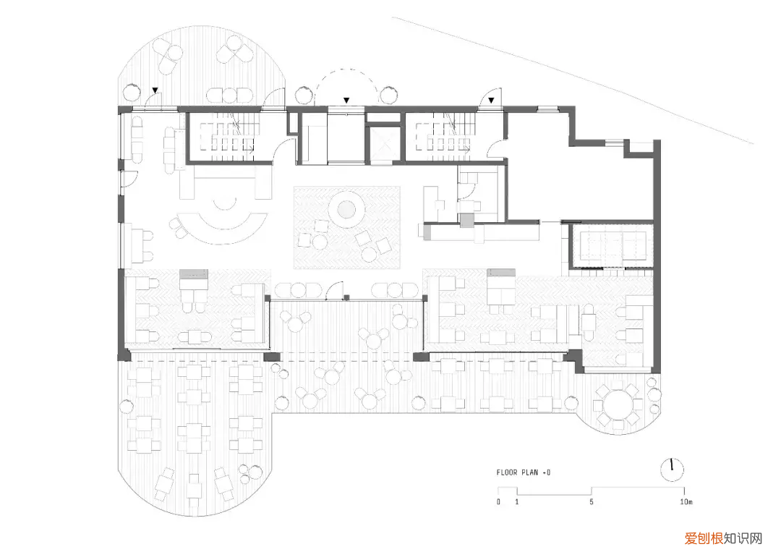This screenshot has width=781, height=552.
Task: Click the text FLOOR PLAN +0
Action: click(523, 472)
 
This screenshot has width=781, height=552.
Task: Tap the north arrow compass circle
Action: click(672, 470)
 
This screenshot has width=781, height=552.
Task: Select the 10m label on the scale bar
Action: click(686, 501)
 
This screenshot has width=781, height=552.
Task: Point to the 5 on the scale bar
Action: click(592, 501)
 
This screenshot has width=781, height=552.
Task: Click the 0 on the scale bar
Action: click(498, 501)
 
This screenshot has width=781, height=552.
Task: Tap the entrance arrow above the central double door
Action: click(346, 101)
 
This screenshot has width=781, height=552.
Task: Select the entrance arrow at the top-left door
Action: click(155, 90)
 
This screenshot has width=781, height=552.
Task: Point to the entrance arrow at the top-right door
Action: click(491, 101)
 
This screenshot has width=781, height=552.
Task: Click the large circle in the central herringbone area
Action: click(346, 209)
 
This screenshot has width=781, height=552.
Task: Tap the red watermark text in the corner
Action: click(722, 538)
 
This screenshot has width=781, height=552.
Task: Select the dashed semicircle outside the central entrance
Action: click(347, 69)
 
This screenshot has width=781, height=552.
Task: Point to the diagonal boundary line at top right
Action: click(573, 80)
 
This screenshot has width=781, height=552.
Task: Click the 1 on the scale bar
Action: click(516, 501)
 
